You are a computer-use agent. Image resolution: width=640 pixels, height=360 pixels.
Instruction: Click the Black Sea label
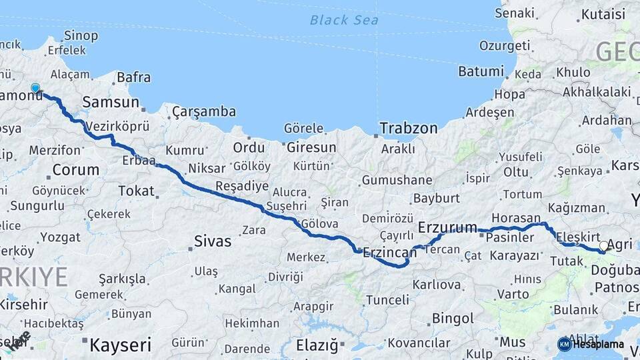344,20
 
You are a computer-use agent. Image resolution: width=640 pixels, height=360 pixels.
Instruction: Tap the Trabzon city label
409,128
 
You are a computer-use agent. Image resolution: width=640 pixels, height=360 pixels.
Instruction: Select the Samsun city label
111,103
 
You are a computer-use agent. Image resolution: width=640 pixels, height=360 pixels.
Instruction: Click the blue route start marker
35,87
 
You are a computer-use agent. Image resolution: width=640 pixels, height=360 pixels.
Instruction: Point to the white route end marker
603,246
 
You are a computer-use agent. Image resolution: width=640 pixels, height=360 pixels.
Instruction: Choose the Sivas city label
212,241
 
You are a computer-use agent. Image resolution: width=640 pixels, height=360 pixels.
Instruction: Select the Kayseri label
120,345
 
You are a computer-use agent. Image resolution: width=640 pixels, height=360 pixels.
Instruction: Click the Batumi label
481,71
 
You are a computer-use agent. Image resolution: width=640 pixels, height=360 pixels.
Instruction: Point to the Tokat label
136,191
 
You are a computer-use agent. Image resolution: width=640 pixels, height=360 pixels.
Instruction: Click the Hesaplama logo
591,344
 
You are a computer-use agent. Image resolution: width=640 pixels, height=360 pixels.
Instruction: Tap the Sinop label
81,35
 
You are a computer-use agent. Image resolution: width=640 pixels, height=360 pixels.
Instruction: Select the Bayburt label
437,198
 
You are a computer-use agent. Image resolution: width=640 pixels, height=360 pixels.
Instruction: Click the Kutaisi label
603,14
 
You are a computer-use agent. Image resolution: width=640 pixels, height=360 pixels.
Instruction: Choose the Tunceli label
387,300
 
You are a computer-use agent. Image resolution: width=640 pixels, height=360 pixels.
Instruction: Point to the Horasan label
516,218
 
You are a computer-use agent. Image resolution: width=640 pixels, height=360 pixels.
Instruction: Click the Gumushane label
397,180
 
